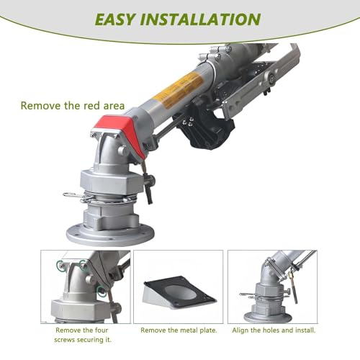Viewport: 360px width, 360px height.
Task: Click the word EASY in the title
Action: coord(115,19)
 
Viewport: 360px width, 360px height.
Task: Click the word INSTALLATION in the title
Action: coord(200,19)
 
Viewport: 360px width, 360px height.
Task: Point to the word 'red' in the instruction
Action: coord(91,106)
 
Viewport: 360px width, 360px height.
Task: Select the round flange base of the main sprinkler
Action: coord(110,233)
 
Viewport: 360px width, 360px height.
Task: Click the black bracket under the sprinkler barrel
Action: coord(207,128)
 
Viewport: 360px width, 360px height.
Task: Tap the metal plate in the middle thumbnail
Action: coord(179,292)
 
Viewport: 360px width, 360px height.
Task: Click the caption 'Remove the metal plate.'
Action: coord(179,330)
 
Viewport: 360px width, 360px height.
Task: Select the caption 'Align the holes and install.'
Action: coord(274,330)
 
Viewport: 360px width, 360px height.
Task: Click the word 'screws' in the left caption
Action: coord(66,340)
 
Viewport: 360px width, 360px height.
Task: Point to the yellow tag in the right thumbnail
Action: coord(292,272)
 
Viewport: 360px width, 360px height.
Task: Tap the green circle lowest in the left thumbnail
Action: coord(101,291)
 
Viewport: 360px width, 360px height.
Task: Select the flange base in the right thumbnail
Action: coord(268,316)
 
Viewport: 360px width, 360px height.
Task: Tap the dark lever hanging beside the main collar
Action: coord(148,190)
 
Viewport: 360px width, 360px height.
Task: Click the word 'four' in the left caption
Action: coord(102,330)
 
